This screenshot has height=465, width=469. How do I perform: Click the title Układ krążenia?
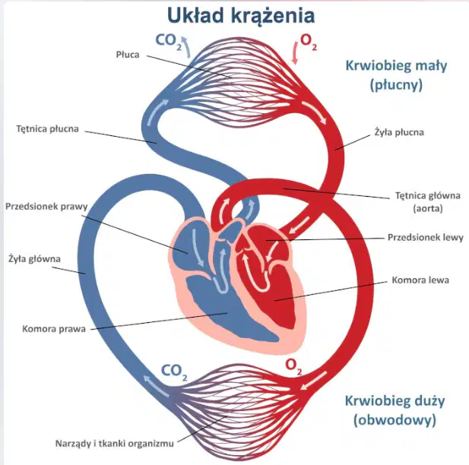pyautogui.click(x=241, y=16)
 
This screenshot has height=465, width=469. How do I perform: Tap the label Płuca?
pyautogui.click(x=128, y=55)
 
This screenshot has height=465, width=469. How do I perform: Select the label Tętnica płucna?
pyautogui.click(x=48, y=129)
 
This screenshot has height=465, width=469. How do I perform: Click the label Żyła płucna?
pyautogui.click(x=399, y=132)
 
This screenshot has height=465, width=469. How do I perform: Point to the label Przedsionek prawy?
pyautogui.click(x=46, y=207)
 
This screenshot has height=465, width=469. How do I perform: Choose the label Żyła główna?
pyautogui.click(x=34, y=258)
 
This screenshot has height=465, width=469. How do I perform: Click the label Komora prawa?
pyautogui.click(x=54, y=329)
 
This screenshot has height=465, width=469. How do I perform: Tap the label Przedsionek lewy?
pyautogui.click(x=426, y=237)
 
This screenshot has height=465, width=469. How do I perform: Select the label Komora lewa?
pyautogui.click(x=420, y=280)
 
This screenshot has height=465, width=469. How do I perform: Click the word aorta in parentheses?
pyautogui.click(x=428, y=208)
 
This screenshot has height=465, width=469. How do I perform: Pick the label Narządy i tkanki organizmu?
pyautogui.click(x=115, y=443)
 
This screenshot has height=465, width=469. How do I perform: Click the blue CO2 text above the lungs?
pyautogui.click(x=169, y=42)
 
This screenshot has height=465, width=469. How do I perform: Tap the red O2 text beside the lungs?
pyautogui.click(x=308, y=42)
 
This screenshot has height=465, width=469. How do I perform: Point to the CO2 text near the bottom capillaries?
pyautogui.click(x=174, y=372)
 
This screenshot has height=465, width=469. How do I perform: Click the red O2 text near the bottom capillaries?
pyautogui.click(x=293, y=366)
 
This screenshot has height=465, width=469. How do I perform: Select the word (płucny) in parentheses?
pyautogui.click(x=396, y=85)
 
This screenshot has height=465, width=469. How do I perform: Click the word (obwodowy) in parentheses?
pyautogui.click(x=395, y=420)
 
